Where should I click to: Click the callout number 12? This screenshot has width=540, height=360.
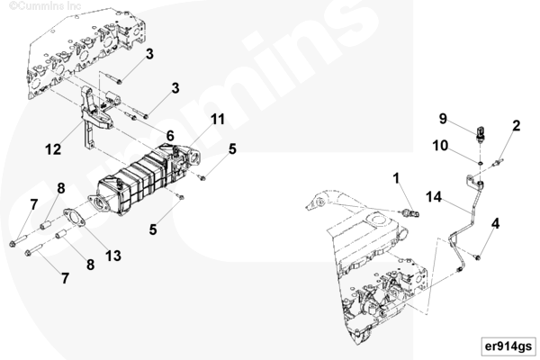(x=53, y=149)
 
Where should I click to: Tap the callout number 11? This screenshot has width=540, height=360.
(x=217, y=119)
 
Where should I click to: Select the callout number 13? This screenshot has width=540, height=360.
(x=113, y=256)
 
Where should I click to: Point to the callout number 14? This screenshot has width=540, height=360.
(x=434, y=197)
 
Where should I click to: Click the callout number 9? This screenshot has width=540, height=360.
(x=443, y=119)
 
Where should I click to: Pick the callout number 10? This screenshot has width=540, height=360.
(x=440, y=146)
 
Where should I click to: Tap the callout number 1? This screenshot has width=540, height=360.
(x=396, y=178)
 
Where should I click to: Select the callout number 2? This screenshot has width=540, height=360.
(x=516, y=126)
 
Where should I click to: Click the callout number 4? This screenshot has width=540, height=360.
(x=495, y=223)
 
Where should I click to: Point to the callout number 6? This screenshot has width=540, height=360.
(x=170, y=136)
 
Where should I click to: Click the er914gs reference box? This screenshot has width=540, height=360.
(x=508, y=346)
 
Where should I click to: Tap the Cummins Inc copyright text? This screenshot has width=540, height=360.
(x=45, y=5)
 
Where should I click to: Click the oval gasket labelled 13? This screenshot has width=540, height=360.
(x=75, y=218)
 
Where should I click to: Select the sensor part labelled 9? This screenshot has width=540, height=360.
(x=481, y=134)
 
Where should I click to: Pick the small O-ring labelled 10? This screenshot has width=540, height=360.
(x=480, y=162)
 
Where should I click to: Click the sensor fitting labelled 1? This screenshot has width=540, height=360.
(x=410, y=211)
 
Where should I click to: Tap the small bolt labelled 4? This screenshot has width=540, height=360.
(x=477, y=257)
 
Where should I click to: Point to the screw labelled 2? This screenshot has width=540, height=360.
(x=499, y=162)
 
